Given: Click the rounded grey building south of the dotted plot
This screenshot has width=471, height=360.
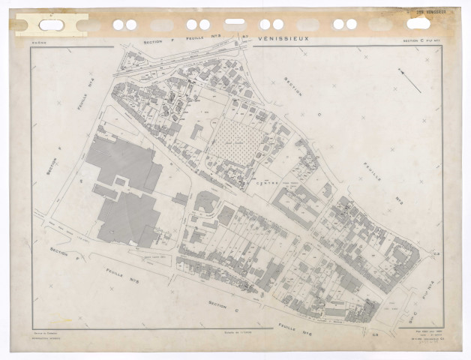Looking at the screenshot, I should coord(206,201).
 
